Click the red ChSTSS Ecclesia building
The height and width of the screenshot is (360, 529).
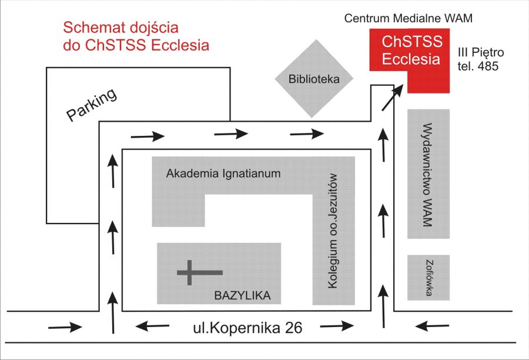(411, 53)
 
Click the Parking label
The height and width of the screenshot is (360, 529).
(92, 105)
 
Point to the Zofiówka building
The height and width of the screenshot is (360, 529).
(429, 278)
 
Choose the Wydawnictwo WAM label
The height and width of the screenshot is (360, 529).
(428, 174)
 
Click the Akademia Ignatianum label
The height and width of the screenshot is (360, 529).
(223, 174)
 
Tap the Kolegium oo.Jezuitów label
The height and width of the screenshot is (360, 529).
(333, 231)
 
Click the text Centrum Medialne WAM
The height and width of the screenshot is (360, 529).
(409, 19)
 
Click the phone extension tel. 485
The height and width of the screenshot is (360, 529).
(478, 66)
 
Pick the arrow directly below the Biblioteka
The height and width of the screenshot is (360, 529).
(307, 135)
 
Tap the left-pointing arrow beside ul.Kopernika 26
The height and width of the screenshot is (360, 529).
(150, 325)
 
